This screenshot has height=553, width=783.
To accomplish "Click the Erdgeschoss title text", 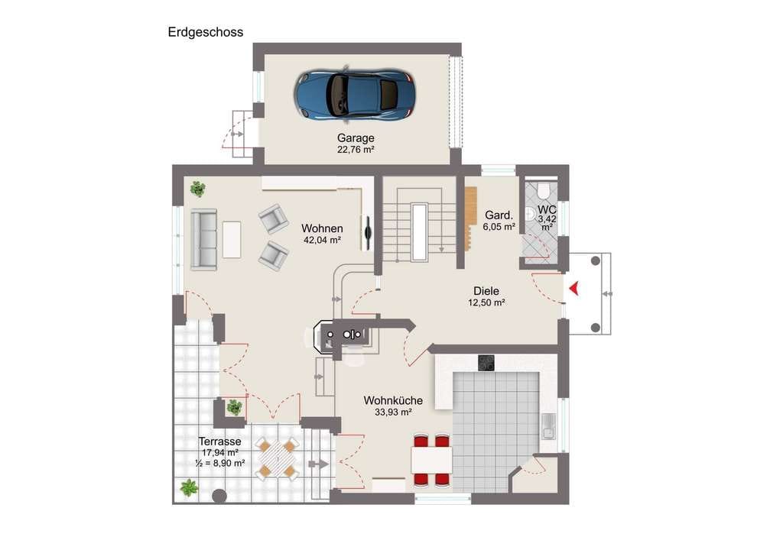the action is tap(205, 32).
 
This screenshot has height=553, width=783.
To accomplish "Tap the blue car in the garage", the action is tap(354, 94).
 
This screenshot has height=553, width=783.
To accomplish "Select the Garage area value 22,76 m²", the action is tap(356, 150).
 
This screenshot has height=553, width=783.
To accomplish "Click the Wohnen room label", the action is tap(322, 228).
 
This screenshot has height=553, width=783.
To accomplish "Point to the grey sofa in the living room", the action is tap(203, 239).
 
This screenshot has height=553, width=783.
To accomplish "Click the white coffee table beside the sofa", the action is tap(232, 240).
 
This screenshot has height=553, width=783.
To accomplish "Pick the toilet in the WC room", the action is tap(544, 189).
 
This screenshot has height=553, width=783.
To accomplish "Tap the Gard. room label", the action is tap(499, 215).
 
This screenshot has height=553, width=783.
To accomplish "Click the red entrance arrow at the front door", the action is tap(573, 288).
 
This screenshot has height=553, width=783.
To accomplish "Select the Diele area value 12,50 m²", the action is tap(486, 302).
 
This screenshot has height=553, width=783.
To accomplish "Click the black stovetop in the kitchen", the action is tap(486, 363).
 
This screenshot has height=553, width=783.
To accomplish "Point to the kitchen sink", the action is tap(548, 426).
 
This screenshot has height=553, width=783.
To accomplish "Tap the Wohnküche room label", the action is tap(393, 400).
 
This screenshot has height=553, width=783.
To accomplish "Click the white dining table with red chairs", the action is tap(432, 461).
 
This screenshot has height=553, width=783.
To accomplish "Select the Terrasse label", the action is tap(219, 441).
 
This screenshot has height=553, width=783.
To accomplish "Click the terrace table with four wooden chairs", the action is tap(277, 458).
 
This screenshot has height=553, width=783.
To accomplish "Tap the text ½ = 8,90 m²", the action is tap(219, 463).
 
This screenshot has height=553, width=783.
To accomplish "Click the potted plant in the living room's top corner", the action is tap(198, 189).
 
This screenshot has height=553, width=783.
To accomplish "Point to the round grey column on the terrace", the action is tap(219, 496).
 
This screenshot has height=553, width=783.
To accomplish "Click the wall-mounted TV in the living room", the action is tap(369, 233).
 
